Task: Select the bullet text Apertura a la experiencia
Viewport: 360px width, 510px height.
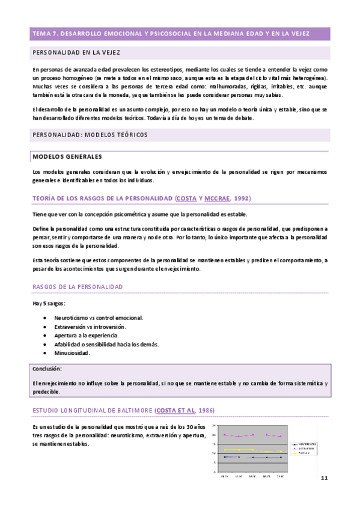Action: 86,335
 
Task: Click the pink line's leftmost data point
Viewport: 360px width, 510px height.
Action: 225,434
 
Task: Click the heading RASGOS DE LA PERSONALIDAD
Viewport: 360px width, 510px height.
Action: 78,287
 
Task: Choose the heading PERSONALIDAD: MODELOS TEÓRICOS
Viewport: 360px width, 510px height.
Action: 90,135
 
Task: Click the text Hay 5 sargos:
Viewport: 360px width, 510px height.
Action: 49,303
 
